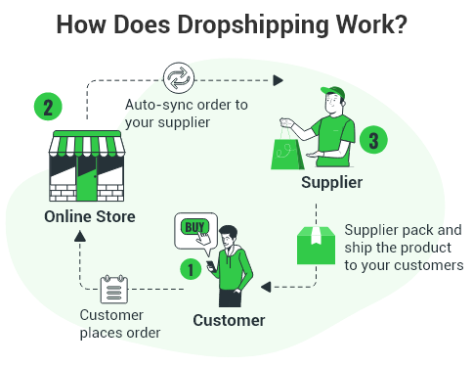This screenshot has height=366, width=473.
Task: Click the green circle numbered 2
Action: [x=48, y=107]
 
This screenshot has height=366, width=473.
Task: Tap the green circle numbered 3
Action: [x=373, y=140]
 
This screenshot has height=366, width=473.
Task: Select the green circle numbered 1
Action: [x=191, y=269]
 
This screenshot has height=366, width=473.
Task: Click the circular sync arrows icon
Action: [x=179, y=78]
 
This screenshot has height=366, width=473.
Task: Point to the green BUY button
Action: [x=194, y=227]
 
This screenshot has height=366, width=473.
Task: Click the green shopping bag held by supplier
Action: [x=287, y=154]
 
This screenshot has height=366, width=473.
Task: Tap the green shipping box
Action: [x=316, y=246]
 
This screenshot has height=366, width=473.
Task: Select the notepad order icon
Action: [x=113, y=289]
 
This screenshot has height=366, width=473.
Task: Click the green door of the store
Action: [x=87, y=178]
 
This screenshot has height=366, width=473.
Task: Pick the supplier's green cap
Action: [x=333, y=92]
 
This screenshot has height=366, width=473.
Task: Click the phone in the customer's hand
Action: [x=210, y=265]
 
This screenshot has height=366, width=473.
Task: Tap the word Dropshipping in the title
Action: [x=253, y=24]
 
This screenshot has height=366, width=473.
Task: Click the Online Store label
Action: [x=90, y=216]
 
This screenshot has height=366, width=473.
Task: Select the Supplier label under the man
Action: [x=331, y=182]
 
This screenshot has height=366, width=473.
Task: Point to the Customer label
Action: [x=229, y=320]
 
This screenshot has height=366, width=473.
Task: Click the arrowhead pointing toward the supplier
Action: [x=278, y=80]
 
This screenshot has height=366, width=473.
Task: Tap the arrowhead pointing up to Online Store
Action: [x=80, y=236]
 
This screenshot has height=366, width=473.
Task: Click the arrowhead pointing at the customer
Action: [x=266, y=287]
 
